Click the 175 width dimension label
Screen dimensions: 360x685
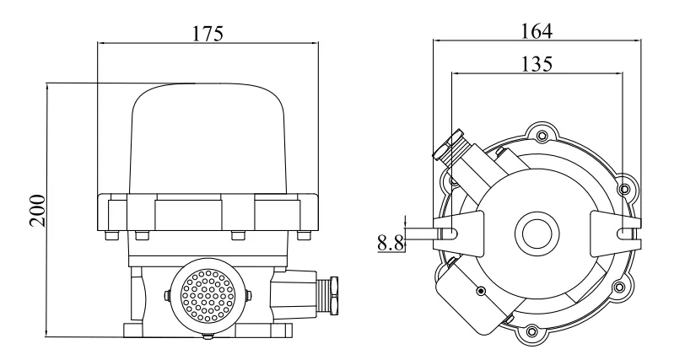[208, 34]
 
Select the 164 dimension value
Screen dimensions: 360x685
[537, 30]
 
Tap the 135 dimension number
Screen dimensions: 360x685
[537, 64]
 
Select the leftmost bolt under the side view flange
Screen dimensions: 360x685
[106, 236]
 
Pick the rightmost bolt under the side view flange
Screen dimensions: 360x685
[309, 236]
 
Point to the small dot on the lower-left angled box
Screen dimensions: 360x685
[481, 291]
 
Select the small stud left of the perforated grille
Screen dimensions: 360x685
[168, 294]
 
